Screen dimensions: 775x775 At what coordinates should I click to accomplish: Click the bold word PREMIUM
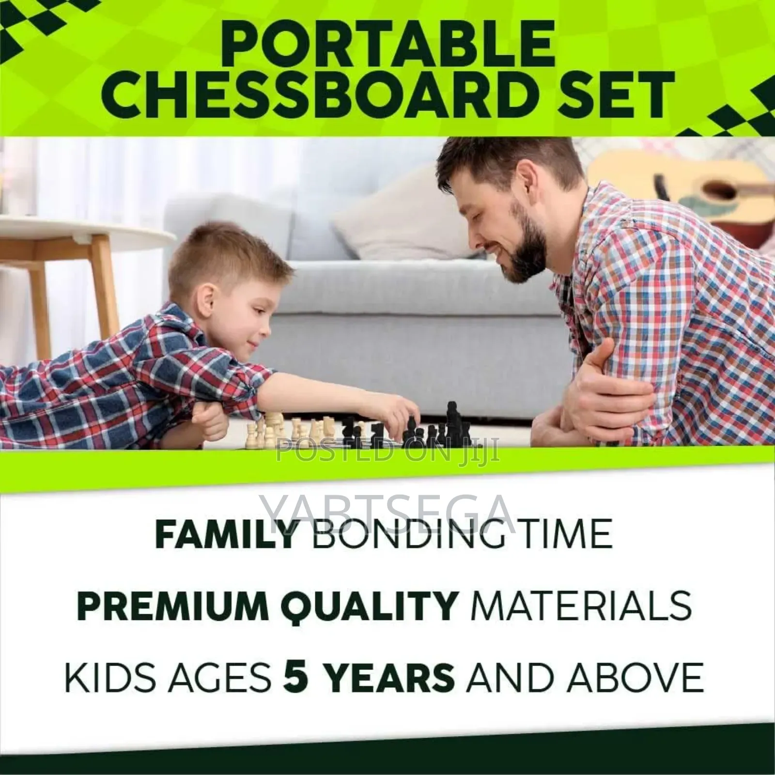(x=168, y=605)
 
